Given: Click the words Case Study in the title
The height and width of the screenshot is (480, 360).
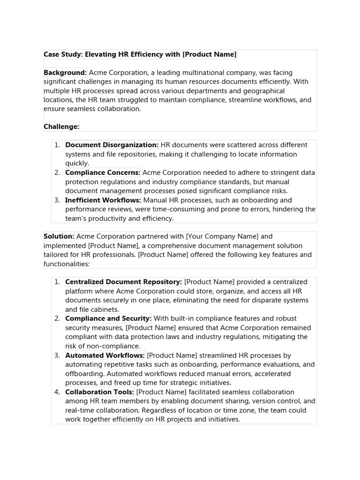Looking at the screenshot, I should click(62, 54).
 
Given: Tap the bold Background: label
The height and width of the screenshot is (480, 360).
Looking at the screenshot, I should click(65, 73).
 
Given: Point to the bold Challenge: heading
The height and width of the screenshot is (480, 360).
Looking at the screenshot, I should click(61, 127).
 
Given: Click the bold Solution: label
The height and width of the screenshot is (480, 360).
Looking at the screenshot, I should click(59, 237).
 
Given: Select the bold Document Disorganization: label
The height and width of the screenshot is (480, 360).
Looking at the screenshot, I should click(112, 145).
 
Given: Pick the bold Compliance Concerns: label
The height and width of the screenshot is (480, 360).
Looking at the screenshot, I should click(103, 172).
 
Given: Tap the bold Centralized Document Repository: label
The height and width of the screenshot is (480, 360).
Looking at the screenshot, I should click(123, 282).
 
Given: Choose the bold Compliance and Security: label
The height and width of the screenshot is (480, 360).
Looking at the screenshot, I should click(108, 319).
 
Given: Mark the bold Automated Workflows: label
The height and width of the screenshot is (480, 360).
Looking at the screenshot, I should click(105, 355).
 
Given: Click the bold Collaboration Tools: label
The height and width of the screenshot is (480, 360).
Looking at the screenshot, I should click(99, 392).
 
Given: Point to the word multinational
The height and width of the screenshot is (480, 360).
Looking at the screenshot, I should click(221, 73).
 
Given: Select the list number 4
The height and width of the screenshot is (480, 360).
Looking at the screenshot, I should click(56, 392).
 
